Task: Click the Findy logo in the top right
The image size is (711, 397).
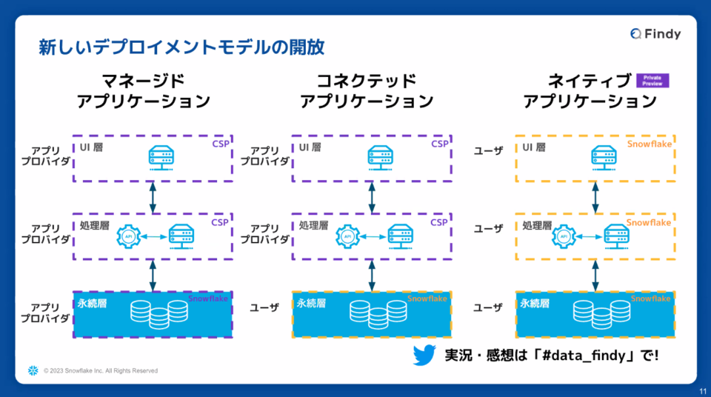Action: (655, 33)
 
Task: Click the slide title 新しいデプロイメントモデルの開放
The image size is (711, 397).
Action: (181, 48)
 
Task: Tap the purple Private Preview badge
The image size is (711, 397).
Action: (652, 81)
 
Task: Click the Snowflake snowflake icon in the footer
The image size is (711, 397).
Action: (33, 370)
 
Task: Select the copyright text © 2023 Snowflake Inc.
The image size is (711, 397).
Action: (100, 370)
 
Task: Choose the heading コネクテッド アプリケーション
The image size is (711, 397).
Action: (367, 91)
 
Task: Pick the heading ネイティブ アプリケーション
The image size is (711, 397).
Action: (590, 91)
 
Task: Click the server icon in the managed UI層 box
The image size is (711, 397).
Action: (161, 157)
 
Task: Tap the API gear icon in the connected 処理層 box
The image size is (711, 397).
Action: (347, 236)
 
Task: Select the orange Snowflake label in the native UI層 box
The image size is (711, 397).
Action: (649, 144)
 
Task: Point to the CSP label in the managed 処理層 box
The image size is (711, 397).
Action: (220, 222)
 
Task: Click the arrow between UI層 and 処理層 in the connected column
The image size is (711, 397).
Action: (373, 198)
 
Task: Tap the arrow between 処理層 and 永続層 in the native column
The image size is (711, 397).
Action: (595, 276)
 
